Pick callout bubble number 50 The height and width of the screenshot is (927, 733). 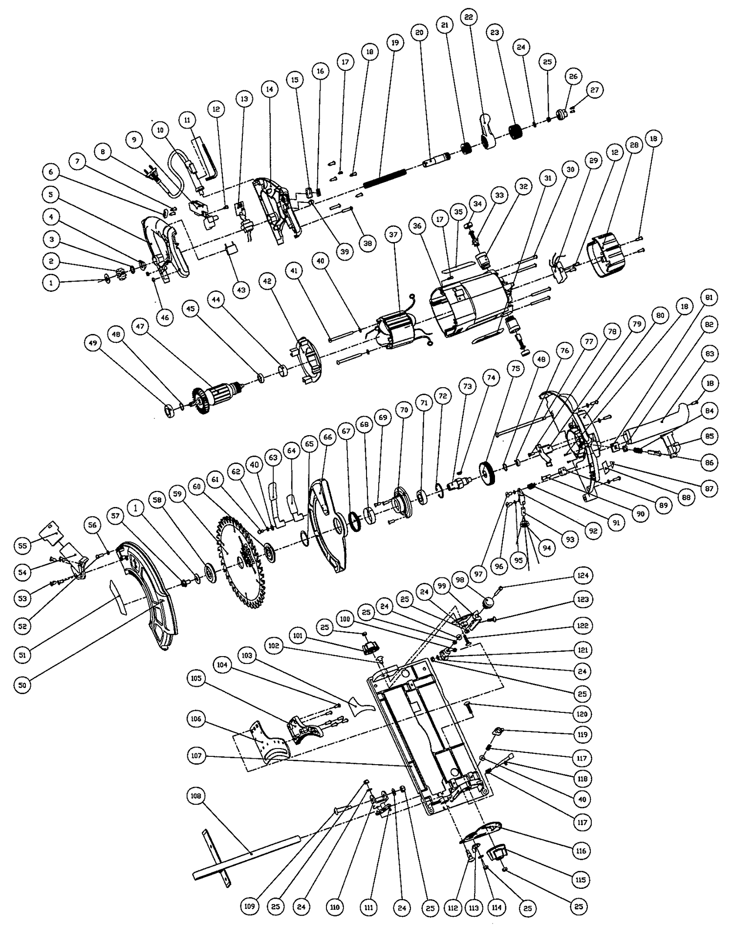pos(22,685)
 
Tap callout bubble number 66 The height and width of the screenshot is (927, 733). pos(328,437)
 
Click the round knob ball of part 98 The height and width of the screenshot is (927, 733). pos(488,603)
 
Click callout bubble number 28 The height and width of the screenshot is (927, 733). pos(634,145)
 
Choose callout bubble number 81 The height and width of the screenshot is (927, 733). pos(709,297)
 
